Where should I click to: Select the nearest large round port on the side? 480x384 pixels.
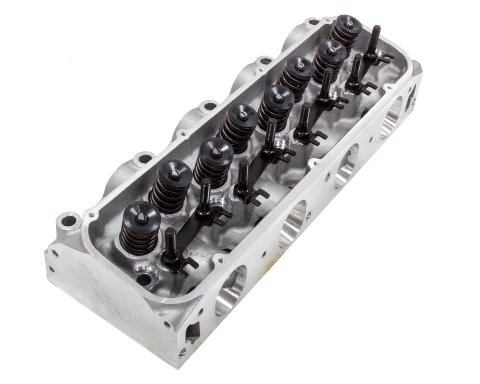[230, 291]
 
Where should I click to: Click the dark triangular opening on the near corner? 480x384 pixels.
[193, 331]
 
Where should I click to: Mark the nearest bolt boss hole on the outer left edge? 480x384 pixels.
[68, 221]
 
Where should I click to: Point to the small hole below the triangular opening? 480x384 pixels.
[182, 353]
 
